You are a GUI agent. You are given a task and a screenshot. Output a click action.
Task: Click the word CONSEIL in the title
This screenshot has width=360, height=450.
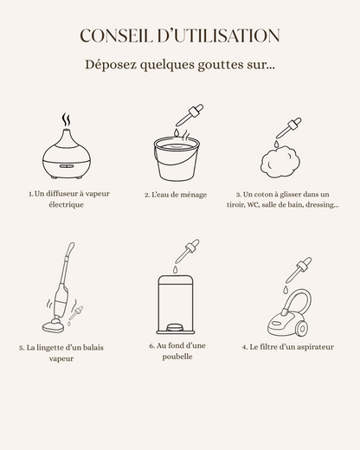coord(116,35)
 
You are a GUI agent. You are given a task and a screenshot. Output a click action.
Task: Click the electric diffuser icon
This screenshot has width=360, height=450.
coord(67,154)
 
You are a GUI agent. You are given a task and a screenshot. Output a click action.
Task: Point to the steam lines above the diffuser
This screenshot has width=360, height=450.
coord(67,119)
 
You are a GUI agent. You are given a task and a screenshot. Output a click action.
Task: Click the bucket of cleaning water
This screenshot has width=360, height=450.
coord(177,158)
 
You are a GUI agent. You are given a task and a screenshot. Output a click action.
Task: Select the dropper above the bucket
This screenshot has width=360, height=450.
coord(190,115)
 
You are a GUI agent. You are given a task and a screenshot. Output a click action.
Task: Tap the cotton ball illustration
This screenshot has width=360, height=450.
coord(280,162)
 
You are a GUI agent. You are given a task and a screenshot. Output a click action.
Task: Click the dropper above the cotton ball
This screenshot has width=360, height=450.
coord(288,128)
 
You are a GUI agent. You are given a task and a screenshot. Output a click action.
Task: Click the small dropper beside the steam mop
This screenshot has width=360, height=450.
coord(75,313)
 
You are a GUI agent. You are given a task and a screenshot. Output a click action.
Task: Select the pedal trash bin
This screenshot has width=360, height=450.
coord(176,305)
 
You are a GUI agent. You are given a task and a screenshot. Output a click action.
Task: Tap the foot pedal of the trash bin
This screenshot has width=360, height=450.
coord(174,327)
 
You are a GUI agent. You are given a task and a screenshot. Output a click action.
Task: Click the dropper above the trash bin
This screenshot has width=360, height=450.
coord(187,251)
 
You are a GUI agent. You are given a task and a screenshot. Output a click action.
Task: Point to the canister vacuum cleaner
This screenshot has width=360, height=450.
coord(289,313)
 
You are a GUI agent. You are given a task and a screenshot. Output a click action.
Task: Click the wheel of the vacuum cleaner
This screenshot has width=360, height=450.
coord(302,328)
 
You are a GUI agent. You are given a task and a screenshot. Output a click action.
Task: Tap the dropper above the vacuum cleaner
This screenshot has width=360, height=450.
coord(299,270)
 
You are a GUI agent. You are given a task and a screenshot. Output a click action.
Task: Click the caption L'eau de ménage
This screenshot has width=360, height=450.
coord(176,195)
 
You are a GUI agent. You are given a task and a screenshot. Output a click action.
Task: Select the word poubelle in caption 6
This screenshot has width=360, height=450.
coord(177,357)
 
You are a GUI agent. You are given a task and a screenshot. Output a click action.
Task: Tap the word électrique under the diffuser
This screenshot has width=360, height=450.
coord(66,205)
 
